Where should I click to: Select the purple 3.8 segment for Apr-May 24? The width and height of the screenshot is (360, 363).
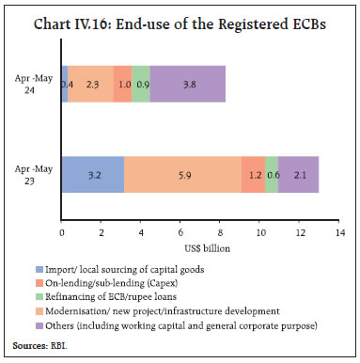(x=188, y=84)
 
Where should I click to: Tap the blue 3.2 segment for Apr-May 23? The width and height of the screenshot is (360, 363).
(x=93, y=174)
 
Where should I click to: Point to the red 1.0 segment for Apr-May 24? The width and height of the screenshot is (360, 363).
(x=122, y=84)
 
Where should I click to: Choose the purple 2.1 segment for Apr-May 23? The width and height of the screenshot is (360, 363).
(x=299, y=174)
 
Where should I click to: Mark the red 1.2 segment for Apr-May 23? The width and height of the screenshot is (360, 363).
(x=253, y=174)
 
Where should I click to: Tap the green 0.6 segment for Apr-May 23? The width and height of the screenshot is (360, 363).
(x=272, y=174)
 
